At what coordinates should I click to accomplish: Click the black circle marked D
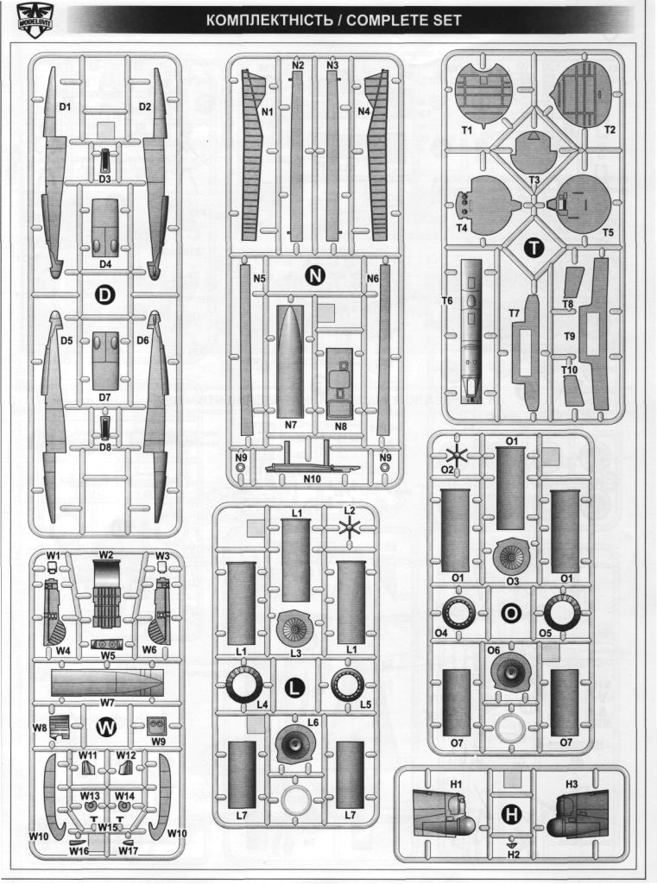pos(104,295)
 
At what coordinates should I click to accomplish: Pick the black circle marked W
pos(105,728)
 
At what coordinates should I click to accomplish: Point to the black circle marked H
pos(510,813)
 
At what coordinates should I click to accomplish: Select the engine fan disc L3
pos(295,628)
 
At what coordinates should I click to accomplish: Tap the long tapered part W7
pos(107,684)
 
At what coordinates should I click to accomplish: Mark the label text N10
pos(312,480)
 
